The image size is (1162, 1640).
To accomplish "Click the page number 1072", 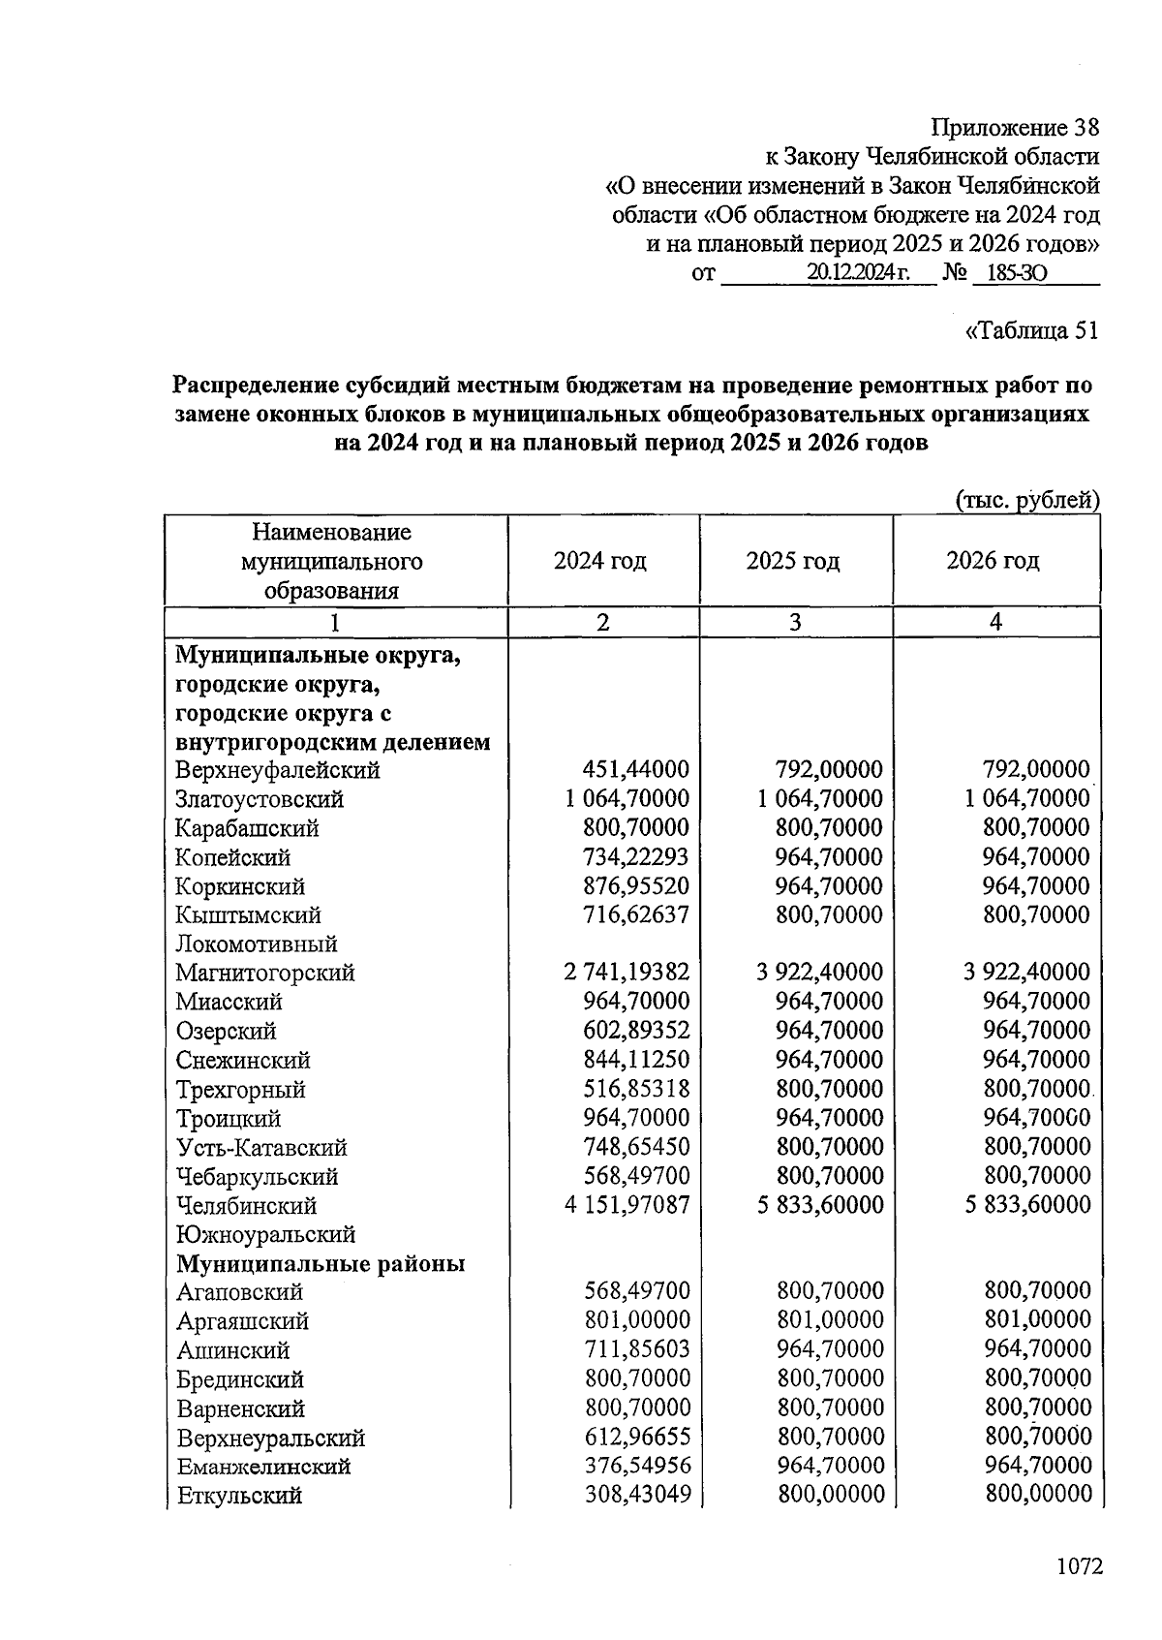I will (1080, 1566).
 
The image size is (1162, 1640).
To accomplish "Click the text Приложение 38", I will (1015, 127).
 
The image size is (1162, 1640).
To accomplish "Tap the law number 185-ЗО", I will (1011, 274).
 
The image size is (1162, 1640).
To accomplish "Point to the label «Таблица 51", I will (1032, 330).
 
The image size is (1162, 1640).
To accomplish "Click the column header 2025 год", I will (793, 561).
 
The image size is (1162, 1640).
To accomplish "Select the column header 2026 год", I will (993, 561).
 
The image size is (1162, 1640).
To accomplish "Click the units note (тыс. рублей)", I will (1027, 500).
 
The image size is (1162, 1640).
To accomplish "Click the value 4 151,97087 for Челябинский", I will (627, 1205).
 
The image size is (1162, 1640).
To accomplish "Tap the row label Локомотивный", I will (257, 944).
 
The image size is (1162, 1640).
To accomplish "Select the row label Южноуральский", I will (266, 1234).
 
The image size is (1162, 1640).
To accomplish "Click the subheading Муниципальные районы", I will (321, 1263).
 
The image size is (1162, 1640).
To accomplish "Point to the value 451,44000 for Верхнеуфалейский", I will (636, 770).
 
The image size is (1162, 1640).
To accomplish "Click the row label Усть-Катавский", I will (261, 1148).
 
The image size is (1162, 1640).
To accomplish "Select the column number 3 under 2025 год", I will (794, 622).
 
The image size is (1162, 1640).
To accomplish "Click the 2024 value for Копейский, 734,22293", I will (636, 857).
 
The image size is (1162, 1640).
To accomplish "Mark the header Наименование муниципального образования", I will (332, 561).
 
